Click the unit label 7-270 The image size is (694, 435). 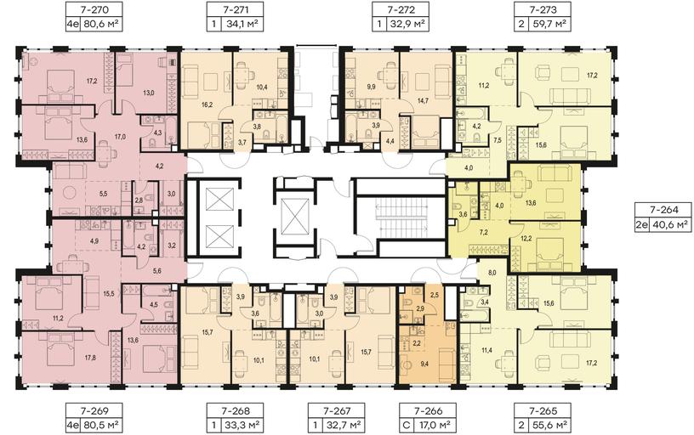click(x=93, y=8)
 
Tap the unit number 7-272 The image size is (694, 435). click(x=401, y=8)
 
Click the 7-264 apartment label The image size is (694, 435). click(x=663, y=210)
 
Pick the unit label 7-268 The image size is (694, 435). click(x=235, y=410)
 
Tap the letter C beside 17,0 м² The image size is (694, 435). click(x=407, y=426)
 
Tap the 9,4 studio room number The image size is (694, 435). click(x=424, y=364)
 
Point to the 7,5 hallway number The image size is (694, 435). click(x=498, y=140)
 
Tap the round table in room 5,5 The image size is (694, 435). click(x=69, y=192)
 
